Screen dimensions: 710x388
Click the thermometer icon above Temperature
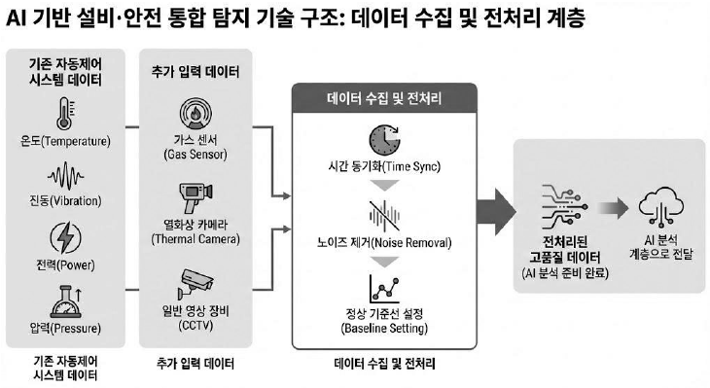pos(65,113)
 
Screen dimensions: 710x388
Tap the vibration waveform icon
pos(66,176)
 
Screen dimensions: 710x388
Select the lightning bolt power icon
pos(66,238)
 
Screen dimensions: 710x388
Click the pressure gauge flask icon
pos(66,301)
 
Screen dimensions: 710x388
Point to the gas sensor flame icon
pos(195,114)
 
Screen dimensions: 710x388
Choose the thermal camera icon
pos(195,197)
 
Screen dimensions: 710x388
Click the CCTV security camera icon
pos(195,284)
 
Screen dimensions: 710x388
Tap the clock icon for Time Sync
pos(384,140)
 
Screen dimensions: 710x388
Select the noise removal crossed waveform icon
pos(384,216)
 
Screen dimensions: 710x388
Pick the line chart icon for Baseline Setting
pos(384,290)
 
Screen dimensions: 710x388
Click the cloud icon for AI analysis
pos(661,206)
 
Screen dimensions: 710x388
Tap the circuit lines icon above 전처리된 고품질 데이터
pos(565,207)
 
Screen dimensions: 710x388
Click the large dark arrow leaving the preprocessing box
pos(497,212)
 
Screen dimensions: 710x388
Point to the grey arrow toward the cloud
pos(613,208)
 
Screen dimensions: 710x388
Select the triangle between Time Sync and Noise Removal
pos(384,185)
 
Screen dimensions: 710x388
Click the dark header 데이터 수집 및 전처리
pos(384,98)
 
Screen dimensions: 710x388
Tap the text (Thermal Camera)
pos(195,239)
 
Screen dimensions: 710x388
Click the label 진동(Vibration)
pos(66,200)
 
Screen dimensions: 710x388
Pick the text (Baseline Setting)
pos(384,328)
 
